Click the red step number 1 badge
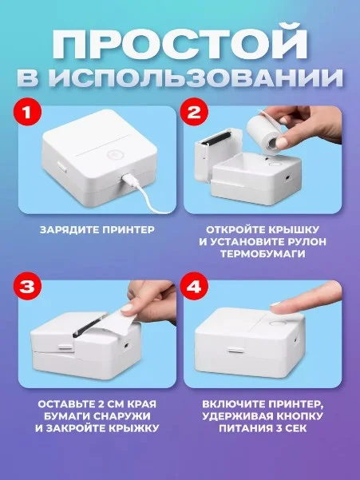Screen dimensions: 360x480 27,113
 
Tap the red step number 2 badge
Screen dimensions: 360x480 194,113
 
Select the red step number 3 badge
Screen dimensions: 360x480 27,288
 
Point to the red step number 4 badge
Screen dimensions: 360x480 194,288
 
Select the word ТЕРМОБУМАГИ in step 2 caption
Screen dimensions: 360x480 263,254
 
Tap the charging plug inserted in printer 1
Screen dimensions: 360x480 127,178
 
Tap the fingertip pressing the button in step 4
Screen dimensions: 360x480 278,308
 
